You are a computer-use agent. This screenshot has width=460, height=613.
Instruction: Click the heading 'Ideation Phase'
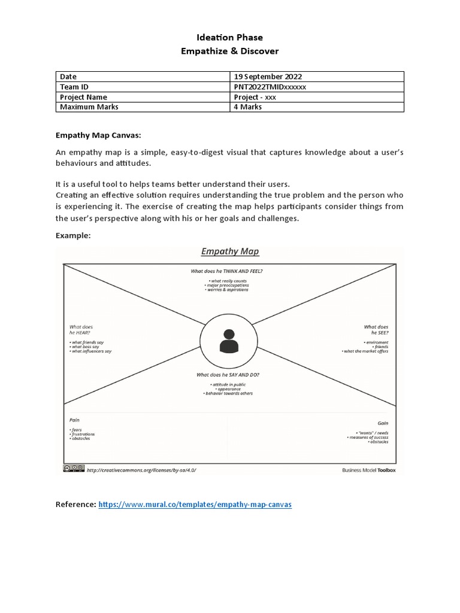pos(230,37)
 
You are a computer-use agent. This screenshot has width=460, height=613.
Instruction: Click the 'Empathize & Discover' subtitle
pos(230,51)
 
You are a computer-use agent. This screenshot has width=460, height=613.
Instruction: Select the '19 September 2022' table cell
pos(267,77)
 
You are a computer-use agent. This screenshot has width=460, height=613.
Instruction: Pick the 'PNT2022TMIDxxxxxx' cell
pos(271,87)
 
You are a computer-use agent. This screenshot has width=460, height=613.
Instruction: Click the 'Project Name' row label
pos(83,97)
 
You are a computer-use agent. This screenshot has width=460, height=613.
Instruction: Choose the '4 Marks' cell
pos(249,107)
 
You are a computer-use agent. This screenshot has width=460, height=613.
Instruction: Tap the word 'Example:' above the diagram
pos(73,236)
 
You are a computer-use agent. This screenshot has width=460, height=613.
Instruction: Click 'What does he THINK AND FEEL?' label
pos(226,271)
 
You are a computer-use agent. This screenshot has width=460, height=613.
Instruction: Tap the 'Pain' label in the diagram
pos(74,421)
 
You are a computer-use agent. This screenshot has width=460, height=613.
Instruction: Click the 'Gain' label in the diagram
pos(382,422)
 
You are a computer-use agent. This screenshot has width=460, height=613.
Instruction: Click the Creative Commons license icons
pos(74,470)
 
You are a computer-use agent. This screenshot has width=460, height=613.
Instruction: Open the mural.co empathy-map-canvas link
pos(195,505)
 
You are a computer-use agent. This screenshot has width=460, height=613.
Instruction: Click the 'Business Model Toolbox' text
pos(368,471)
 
